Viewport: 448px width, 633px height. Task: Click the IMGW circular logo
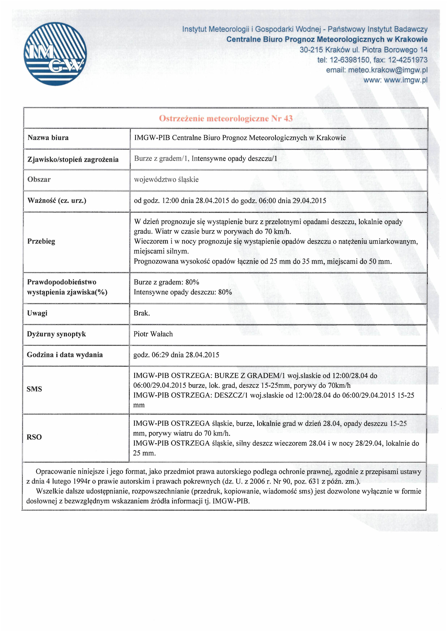point(55,54)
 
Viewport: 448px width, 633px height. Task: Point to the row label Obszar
point(39,180)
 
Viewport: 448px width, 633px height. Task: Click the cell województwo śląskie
point(166,180)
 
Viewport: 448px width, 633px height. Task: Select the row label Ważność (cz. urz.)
point(57,201)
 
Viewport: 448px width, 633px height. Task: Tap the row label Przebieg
point(41,241)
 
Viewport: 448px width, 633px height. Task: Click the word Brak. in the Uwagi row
point(142,313)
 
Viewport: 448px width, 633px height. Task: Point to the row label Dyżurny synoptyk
point(56,334)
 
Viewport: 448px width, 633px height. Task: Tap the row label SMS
point(34,389)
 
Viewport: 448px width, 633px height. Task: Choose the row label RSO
point(34,437)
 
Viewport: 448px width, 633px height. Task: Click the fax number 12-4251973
point(408,60)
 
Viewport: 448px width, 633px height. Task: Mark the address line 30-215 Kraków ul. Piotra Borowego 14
point(363,50)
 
